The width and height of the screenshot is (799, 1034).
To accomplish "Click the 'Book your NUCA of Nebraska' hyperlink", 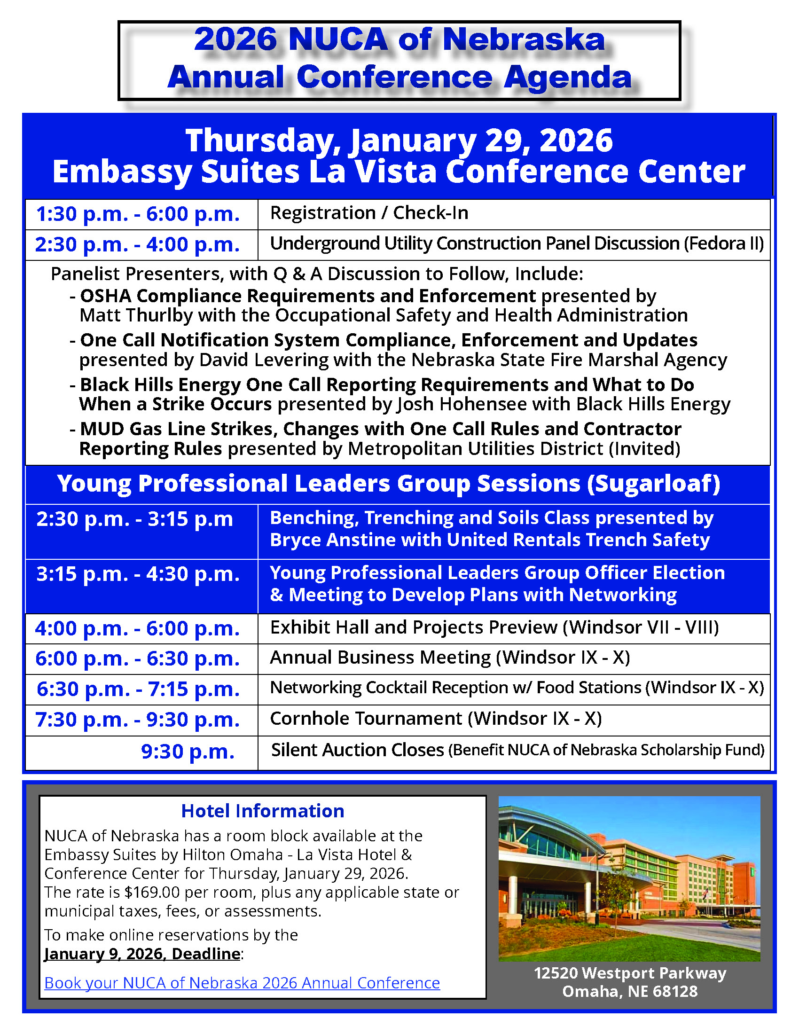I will point(242,983).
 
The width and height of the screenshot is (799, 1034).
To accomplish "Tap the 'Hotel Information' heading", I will point(262,811).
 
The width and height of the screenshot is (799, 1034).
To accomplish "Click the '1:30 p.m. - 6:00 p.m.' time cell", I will point(138,214).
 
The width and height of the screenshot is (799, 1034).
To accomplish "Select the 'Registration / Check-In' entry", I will point(369,213).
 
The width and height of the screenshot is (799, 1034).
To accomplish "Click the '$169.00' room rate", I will point(152,892).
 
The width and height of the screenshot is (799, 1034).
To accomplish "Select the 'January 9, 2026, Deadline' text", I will point(142,954).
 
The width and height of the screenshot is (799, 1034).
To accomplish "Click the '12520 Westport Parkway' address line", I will point(629,973).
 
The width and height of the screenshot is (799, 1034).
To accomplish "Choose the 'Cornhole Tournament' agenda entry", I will point(366,719).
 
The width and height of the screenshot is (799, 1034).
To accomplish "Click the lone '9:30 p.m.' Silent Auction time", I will point(188,752).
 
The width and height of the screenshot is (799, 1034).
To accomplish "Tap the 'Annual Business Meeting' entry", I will point(381,658).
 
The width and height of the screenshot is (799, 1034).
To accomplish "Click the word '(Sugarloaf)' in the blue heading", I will point(654,484).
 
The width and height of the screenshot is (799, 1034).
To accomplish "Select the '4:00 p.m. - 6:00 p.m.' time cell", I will point(138,628).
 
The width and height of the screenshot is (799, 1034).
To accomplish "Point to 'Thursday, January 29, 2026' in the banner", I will point(399,141).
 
